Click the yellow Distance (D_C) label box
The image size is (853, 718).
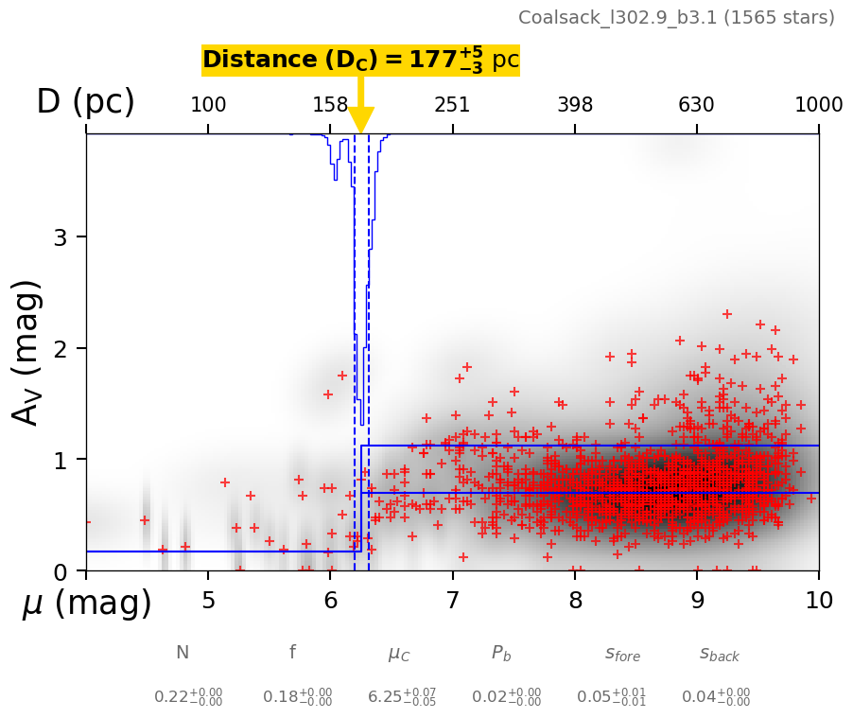(360, 61)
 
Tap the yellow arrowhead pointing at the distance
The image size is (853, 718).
(361, 121)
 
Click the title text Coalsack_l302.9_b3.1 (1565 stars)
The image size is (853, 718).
(676, 18)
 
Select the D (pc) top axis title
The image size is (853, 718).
(85, 102)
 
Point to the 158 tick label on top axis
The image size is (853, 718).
(330, 105)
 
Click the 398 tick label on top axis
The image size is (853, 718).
(575, 105)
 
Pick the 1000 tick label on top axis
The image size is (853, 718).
(819, 105)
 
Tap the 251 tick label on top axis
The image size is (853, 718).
(452, 105)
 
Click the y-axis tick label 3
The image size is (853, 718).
(60, 236)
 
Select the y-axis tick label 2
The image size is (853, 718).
(60, 348)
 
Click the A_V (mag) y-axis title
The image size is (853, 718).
(27, 352)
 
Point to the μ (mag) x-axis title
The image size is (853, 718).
(87, 603)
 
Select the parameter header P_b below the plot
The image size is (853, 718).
(501, 653)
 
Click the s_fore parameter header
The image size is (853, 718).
(622, 653)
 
